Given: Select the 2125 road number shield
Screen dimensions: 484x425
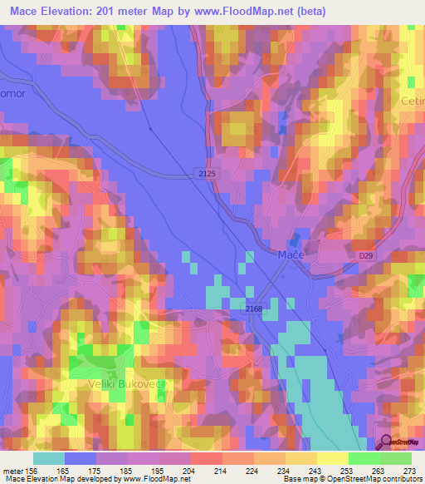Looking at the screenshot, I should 208,172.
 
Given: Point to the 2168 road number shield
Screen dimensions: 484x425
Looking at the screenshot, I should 255,308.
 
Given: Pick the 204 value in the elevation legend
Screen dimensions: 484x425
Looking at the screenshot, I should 190,470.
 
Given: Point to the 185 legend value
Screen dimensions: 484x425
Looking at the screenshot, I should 127,470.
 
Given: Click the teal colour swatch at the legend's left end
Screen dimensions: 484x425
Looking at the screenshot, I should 49,458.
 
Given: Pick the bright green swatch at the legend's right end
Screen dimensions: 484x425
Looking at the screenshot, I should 395,458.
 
